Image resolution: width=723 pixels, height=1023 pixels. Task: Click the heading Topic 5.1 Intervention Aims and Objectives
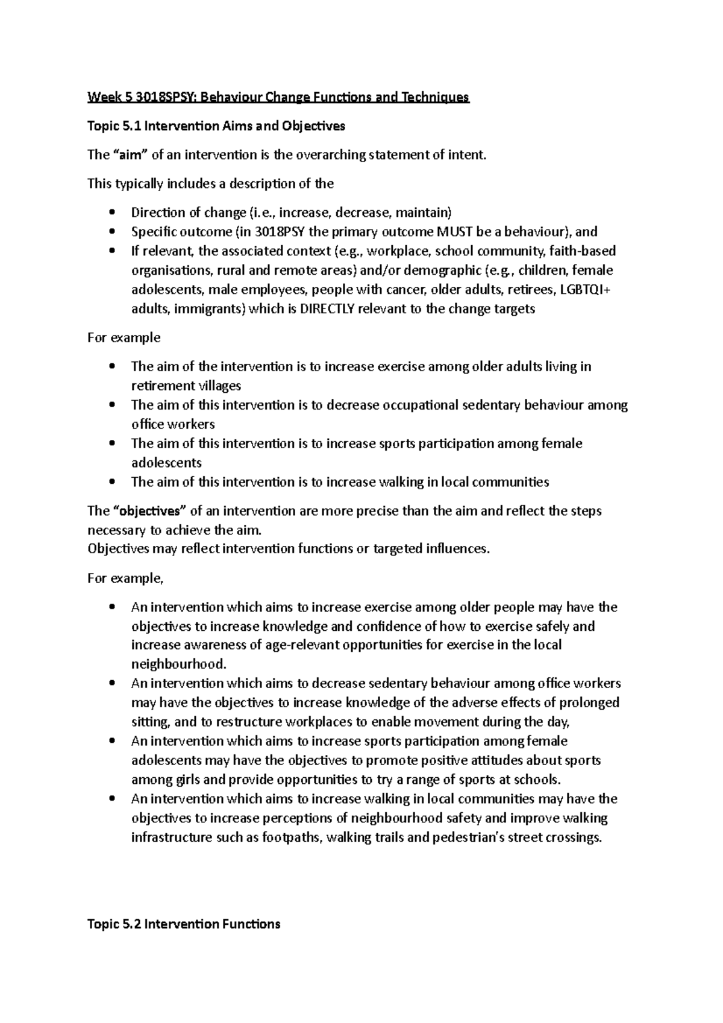click(x=216, y=126)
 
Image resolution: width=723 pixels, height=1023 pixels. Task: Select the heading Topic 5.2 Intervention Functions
click(x=184, y=924)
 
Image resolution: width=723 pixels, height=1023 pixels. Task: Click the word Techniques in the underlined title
click(x=439, y=97)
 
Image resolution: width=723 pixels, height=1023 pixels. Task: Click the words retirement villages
click(x=186, y=386)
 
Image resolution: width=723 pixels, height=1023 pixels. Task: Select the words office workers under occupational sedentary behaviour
click(x=173, y=424)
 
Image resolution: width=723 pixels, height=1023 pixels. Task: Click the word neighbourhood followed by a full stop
click(x=178, y=664)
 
